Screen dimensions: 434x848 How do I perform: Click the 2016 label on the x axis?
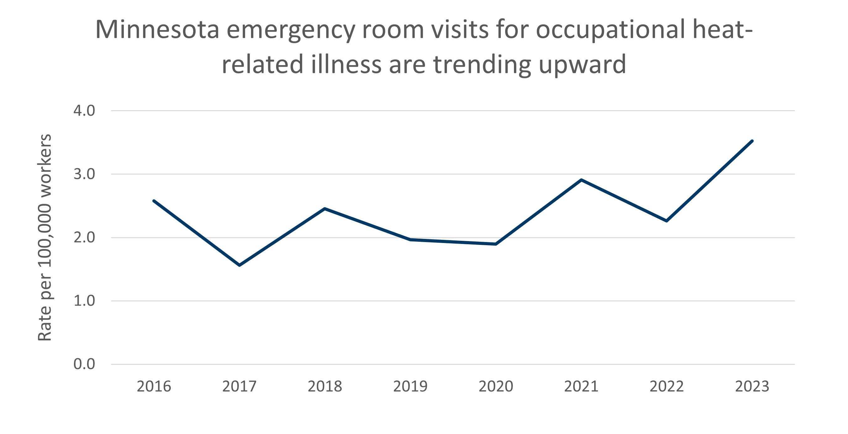point(154,386)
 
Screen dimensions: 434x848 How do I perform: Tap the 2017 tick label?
point(239,386)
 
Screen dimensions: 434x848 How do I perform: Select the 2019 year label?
point(410,386)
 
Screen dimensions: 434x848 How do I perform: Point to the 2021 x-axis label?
point(581,386)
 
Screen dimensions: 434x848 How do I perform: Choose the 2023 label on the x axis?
point(752,386)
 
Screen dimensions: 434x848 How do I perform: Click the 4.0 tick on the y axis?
point(84,111)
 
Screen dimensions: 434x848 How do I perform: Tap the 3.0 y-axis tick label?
point(84,174)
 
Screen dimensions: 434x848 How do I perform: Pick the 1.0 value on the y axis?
point(84,301)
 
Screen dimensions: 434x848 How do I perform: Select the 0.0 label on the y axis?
point(84,364)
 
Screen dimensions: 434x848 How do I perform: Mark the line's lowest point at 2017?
point(239,265)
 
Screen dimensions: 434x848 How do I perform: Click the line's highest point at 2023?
point(752,141)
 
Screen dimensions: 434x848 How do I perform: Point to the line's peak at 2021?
point(581,180)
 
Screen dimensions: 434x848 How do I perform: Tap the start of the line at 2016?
point(154,201)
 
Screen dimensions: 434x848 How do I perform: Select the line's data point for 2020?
point(496,244)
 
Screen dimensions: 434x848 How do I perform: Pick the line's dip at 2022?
point(667,221)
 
